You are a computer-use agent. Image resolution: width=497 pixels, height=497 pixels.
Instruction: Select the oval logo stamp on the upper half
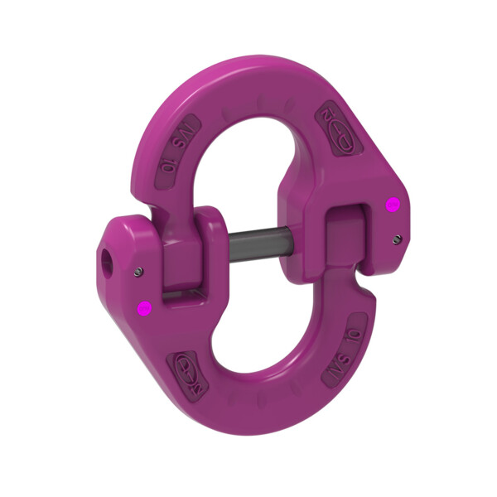coord(335,126)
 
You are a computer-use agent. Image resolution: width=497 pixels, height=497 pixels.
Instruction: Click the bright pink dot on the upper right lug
coord(393,204)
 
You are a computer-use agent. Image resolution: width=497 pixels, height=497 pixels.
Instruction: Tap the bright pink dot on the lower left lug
coord(143,309)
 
